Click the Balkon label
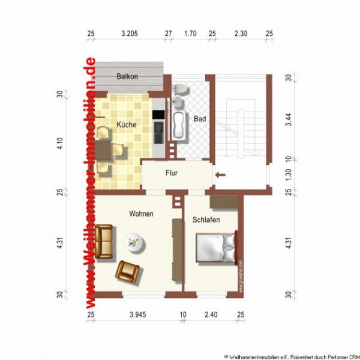(x=127, y=77)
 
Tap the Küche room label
(x=127, y=125)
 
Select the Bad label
(x=200, y=119)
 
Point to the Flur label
(x=172, y=173)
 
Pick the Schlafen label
(x=206, y=220)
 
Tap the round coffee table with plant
(x=133, y=243)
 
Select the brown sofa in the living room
(x=104, y=242)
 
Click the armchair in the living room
(x=129, y=271)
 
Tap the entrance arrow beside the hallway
(x=220, y=175)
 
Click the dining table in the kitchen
(x=104, y=150)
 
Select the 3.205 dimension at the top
(x=129, y=34)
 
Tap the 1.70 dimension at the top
(x=190, y=34)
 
